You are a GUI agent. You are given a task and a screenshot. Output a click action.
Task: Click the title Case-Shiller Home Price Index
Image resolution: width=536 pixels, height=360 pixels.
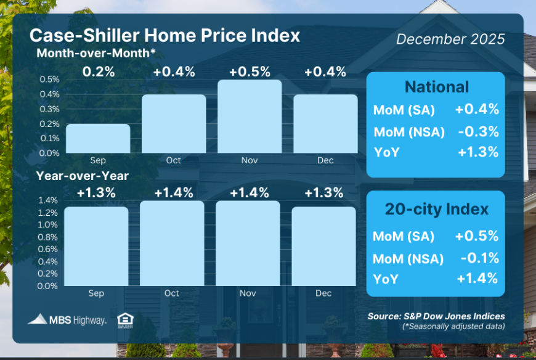click(164, 35)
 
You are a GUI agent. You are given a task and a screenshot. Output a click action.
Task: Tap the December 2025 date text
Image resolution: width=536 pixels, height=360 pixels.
click(450, 39)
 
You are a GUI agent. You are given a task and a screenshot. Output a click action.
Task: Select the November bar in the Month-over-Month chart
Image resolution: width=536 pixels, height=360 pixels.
click(250, 117)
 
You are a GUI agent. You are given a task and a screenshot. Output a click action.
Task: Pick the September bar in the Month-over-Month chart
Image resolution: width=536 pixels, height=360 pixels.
click(98, 138)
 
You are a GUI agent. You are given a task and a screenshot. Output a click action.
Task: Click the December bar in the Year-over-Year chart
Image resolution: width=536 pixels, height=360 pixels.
click(323, 246)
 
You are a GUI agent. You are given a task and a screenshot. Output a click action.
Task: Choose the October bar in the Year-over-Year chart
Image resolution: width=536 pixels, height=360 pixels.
click(172, 243)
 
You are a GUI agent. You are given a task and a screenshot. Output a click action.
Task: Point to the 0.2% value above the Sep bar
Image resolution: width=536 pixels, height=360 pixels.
click(99, 72)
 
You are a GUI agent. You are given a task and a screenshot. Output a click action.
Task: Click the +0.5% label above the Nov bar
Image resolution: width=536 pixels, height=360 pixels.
click(250, 72)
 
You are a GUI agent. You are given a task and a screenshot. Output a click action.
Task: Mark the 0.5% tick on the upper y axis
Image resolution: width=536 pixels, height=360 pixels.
click(51, 80)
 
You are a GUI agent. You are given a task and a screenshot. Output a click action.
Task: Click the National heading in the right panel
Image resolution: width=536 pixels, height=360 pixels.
click(436, 87)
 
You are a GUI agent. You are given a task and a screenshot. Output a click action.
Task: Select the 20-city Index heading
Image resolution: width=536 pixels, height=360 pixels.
click(436, 209)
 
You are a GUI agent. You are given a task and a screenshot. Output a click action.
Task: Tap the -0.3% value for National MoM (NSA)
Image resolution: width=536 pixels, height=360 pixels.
click(477, 131)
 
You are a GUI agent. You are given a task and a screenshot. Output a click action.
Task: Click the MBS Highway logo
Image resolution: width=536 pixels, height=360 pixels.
click(67, 319)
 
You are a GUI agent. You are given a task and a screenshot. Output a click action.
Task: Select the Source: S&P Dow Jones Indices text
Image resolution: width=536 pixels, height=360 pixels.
click(436, 316)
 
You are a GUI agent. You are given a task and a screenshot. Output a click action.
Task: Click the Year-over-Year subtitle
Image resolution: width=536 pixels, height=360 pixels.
click(82, 176)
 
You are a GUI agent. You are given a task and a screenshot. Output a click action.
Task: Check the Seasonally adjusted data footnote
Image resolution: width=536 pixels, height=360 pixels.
click(453, 326)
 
